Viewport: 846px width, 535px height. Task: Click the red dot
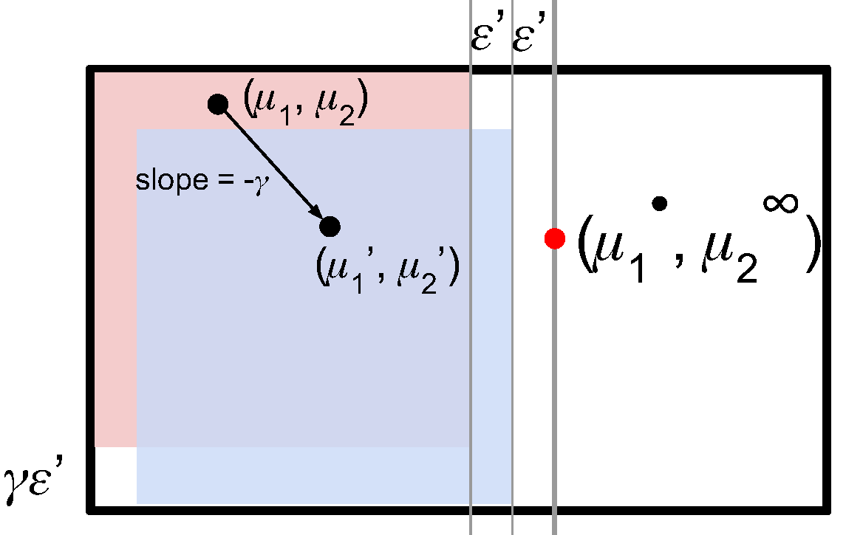(554, 238)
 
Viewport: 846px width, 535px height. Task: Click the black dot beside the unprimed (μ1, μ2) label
(216, 104)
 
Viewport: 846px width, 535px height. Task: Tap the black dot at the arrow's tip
(330, 226)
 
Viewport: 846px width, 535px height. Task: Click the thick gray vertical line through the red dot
(554, 369)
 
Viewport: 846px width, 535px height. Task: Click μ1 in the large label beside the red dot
(616, 255)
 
